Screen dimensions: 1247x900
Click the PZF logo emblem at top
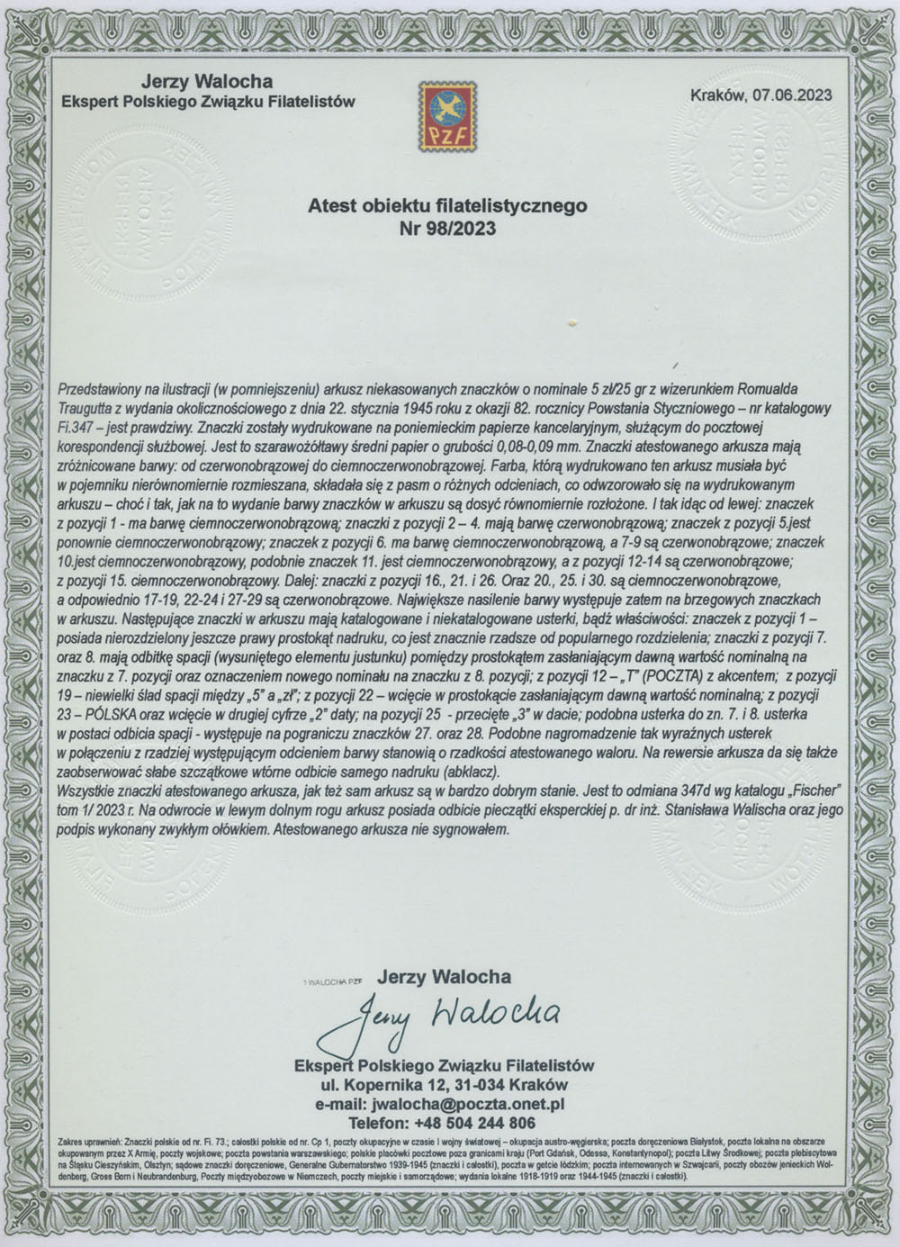pyautogui.click(x=449, y=116)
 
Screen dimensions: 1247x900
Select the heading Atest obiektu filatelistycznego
pyautogui.click(x=447, y=206)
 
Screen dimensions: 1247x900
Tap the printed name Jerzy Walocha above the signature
pyautogui.click(x=445, y=976)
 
